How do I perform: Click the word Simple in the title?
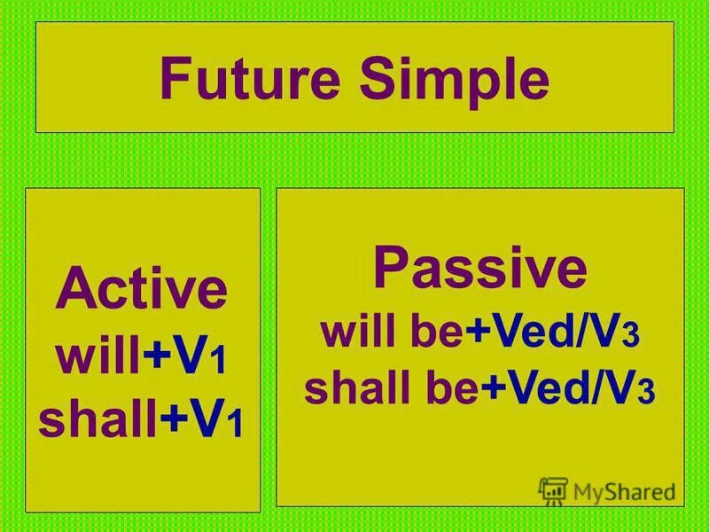(455, 82)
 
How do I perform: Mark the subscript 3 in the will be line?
(632, 336)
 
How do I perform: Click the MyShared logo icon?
(552, 491)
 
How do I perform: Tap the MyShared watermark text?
(625, 491)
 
